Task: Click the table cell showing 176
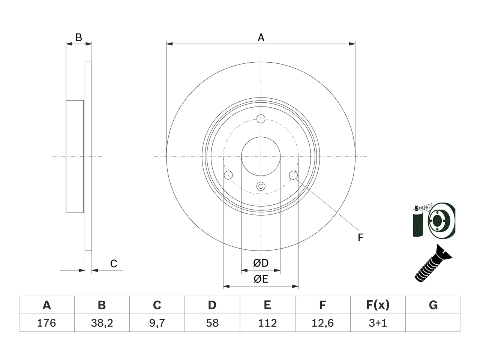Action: (x=46, y=323)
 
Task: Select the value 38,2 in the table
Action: (x=102, y=323)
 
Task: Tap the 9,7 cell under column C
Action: (x=157, y=323)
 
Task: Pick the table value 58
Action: (x=212, y=323)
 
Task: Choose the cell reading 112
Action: (x=267, y=323)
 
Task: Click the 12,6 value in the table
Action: (x=323, y=323)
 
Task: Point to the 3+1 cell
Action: (x=378, y=323)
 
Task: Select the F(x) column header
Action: (x=378, y=305)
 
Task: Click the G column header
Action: (x=433, y=305)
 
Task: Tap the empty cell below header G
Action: (x=433, y=323)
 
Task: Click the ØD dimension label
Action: (x=261, y=263)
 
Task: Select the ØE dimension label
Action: (x=261, y=279)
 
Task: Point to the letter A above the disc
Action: (x=261, y=37)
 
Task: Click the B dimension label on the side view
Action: (x=79, y=37)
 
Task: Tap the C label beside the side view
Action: (x=114, y=264)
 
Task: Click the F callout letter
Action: (x=361, y=238)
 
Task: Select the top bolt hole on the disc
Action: (x=261, y=119)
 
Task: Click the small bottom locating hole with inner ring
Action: (x=261, y=186)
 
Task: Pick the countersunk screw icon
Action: (x=433, y=264)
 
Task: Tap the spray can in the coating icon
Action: (x=418, y=221)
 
